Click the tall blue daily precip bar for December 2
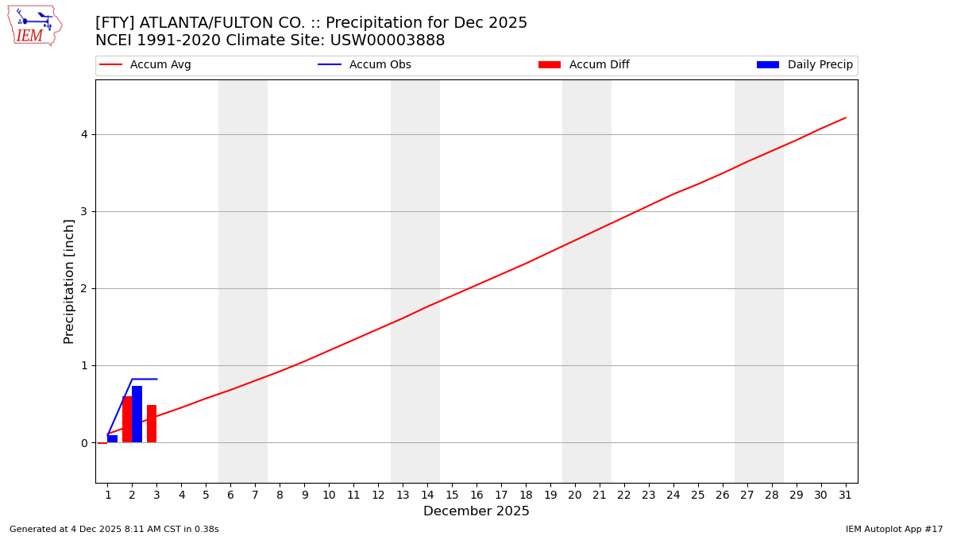coord(137,414)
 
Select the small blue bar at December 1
coord(112,438)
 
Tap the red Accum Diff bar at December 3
coord(152,423)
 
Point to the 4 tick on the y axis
coord(83,134)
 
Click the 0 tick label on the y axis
coord(83,443)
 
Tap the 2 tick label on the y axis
coord(83,289)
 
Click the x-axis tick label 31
coord(845,496)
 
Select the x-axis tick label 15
coord(452,496)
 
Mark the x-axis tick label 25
coord(697,496)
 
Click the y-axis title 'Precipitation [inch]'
coord(69,281)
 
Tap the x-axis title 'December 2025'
coord(476,511)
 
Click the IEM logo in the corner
coord(34,25)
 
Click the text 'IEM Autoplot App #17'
coord(894,529)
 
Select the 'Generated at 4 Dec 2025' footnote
coord(114,529)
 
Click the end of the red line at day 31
coord(845,118)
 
